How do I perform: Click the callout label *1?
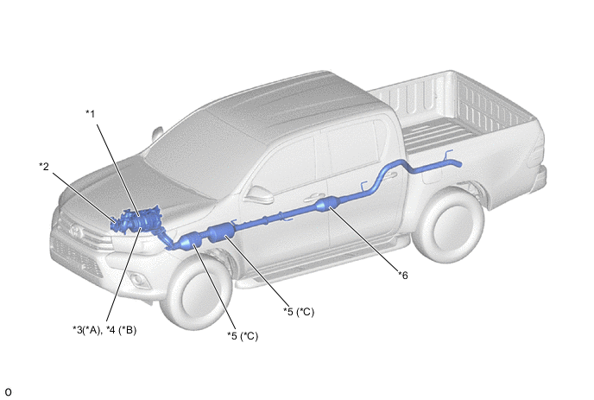90,114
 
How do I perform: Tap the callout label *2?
44,166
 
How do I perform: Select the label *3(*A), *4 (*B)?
104,330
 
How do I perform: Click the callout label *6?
403,276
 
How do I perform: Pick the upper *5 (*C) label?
299,312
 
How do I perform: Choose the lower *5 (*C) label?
243,336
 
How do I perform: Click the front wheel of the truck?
197,291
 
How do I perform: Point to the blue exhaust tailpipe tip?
458,164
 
